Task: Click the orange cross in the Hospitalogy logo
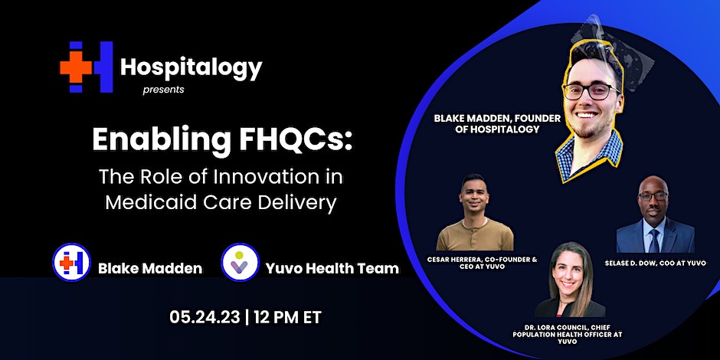click(x=76, y=67)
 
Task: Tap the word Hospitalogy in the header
click(x=191, y=68)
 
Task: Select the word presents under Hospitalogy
click(x=163, y=90)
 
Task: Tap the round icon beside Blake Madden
click(x=71, y=262)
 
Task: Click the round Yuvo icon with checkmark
click(x=241, y=262)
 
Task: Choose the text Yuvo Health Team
click(x=332, y=268)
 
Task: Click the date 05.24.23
click(x=205, y=317)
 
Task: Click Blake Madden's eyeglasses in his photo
click(x=591, y=91)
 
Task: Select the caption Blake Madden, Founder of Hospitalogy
click(x=497, y=123)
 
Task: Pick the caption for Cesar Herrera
click(x=482, y=263)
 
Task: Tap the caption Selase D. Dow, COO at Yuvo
click(x=655, y=263)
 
